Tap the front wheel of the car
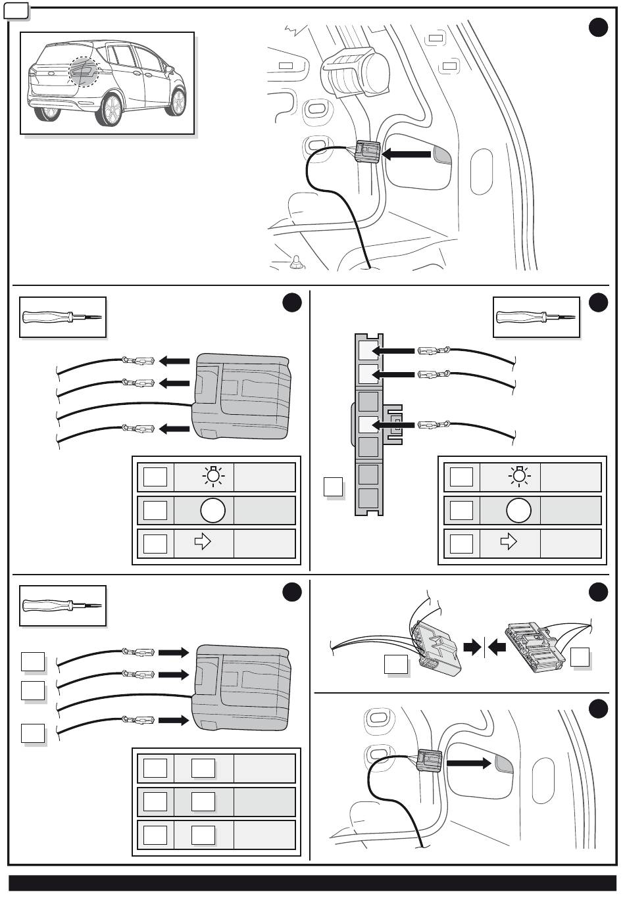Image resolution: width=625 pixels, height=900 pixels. tap(111, 109)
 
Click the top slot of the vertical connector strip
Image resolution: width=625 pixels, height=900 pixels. tap(368, 350)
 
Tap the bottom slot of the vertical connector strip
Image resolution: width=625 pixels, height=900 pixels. tap(368, 498)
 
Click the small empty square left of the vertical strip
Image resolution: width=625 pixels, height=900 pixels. tap(334, 487)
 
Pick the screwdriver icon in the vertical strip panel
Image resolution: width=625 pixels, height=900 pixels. tap(536, 317)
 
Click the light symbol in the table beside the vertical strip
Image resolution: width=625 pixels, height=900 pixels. tap(519, 477)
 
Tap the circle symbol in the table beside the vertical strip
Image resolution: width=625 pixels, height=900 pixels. tap(518, 510)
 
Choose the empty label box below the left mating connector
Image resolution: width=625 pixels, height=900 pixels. tap(396, 665)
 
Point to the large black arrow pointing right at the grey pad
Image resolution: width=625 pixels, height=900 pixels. tap(469, 763)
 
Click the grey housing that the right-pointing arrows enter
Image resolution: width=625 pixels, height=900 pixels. tap(241, 686)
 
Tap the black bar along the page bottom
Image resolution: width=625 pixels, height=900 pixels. tap(312, 882)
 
